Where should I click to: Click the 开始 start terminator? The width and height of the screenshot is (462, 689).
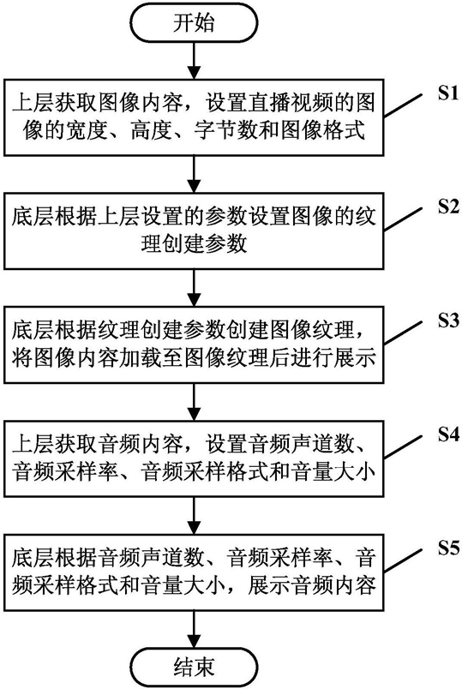(x=194, y=23)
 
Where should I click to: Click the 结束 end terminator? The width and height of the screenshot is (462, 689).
(x=194, y=667)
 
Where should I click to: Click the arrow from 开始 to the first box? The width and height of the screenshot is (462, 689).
(x=194, y=61)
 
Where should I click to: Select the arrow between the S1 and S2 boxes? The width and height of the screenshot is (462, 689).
(x=194, y=175)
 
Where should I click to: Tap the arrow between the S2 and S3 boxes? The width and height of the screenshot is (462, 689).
(x=194, y=288)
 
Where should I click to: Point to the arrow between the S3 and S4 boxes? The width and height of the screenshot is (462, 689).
(x=194, y=402)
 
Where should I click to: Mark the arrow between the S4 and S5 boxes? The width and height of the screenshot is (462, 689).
(x=194, y=515)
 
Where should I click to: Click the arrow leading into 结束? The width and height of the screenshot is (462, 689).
(x=194, y=629)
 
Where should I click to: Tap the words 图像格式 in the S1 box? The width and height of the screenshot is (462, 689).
(x=323, y=130)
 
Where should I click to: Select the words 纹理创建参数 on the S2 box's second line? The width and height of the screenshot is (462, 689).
(x=194, y=244)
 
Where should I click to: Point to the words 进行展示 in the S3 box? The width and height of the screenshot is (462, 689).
(x=333, y=357)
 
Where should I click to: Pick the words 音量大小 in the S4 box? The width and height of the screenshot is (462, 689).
(x=333, y=471)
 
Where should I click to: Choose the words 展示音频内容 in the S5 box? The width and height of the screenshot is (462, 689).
(x=312, y=584)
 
